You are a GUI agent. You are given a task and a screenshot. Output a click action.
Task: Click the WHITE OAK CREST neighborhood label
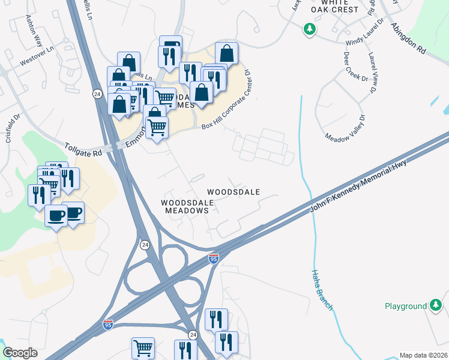tap(335, 6)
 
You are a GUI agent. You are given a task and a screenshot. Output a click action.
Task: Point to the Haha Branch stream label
tap(321, 290)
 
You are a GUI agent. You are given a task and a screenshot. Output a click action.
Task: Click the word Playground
tap(405, 307)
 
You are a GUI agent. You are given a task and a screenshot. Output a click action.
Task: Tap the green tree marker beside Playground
tap(436, 306)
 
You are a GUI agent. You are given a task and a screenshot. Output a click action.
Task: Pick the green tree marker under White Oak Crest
tap(309, 29)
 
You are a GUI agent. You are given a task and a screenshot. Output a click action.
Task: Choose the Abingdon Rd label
tap(408, 40)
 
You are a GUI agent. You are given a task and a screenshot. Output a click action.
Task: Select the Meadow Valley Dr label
tap(345, 128)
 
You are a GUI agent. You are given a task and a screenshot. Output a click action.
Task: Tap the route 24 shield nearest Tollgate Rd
tap(97, 94)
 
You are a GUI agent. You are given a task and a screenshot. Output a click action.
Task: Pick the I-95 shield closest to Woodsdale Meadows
tap(213, 258)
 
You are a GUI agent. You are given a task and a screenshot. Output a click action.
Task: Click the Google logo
tap(20, 353)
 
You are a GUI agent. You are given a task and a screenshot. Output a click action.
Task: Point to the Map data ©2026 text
tap(424, 355)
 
